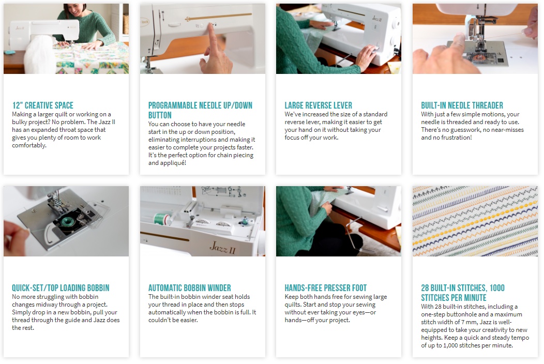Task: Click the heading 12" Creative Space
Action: (43, 105)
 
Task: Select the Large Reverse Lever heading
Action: (319, 105)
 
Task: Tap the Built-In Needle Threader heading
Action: (462, 105)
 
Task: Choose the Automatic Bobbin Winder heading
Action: (189, 287)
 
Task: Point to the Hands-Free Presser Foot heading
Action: (326, 287)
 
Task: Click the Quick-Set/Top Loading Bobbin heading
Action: (61, 287)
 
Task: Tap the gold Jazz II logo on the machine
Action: (222, 248)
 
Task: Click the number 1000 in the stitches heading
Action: (497, 287)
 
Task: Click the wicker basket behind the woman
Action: (126, 24)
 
